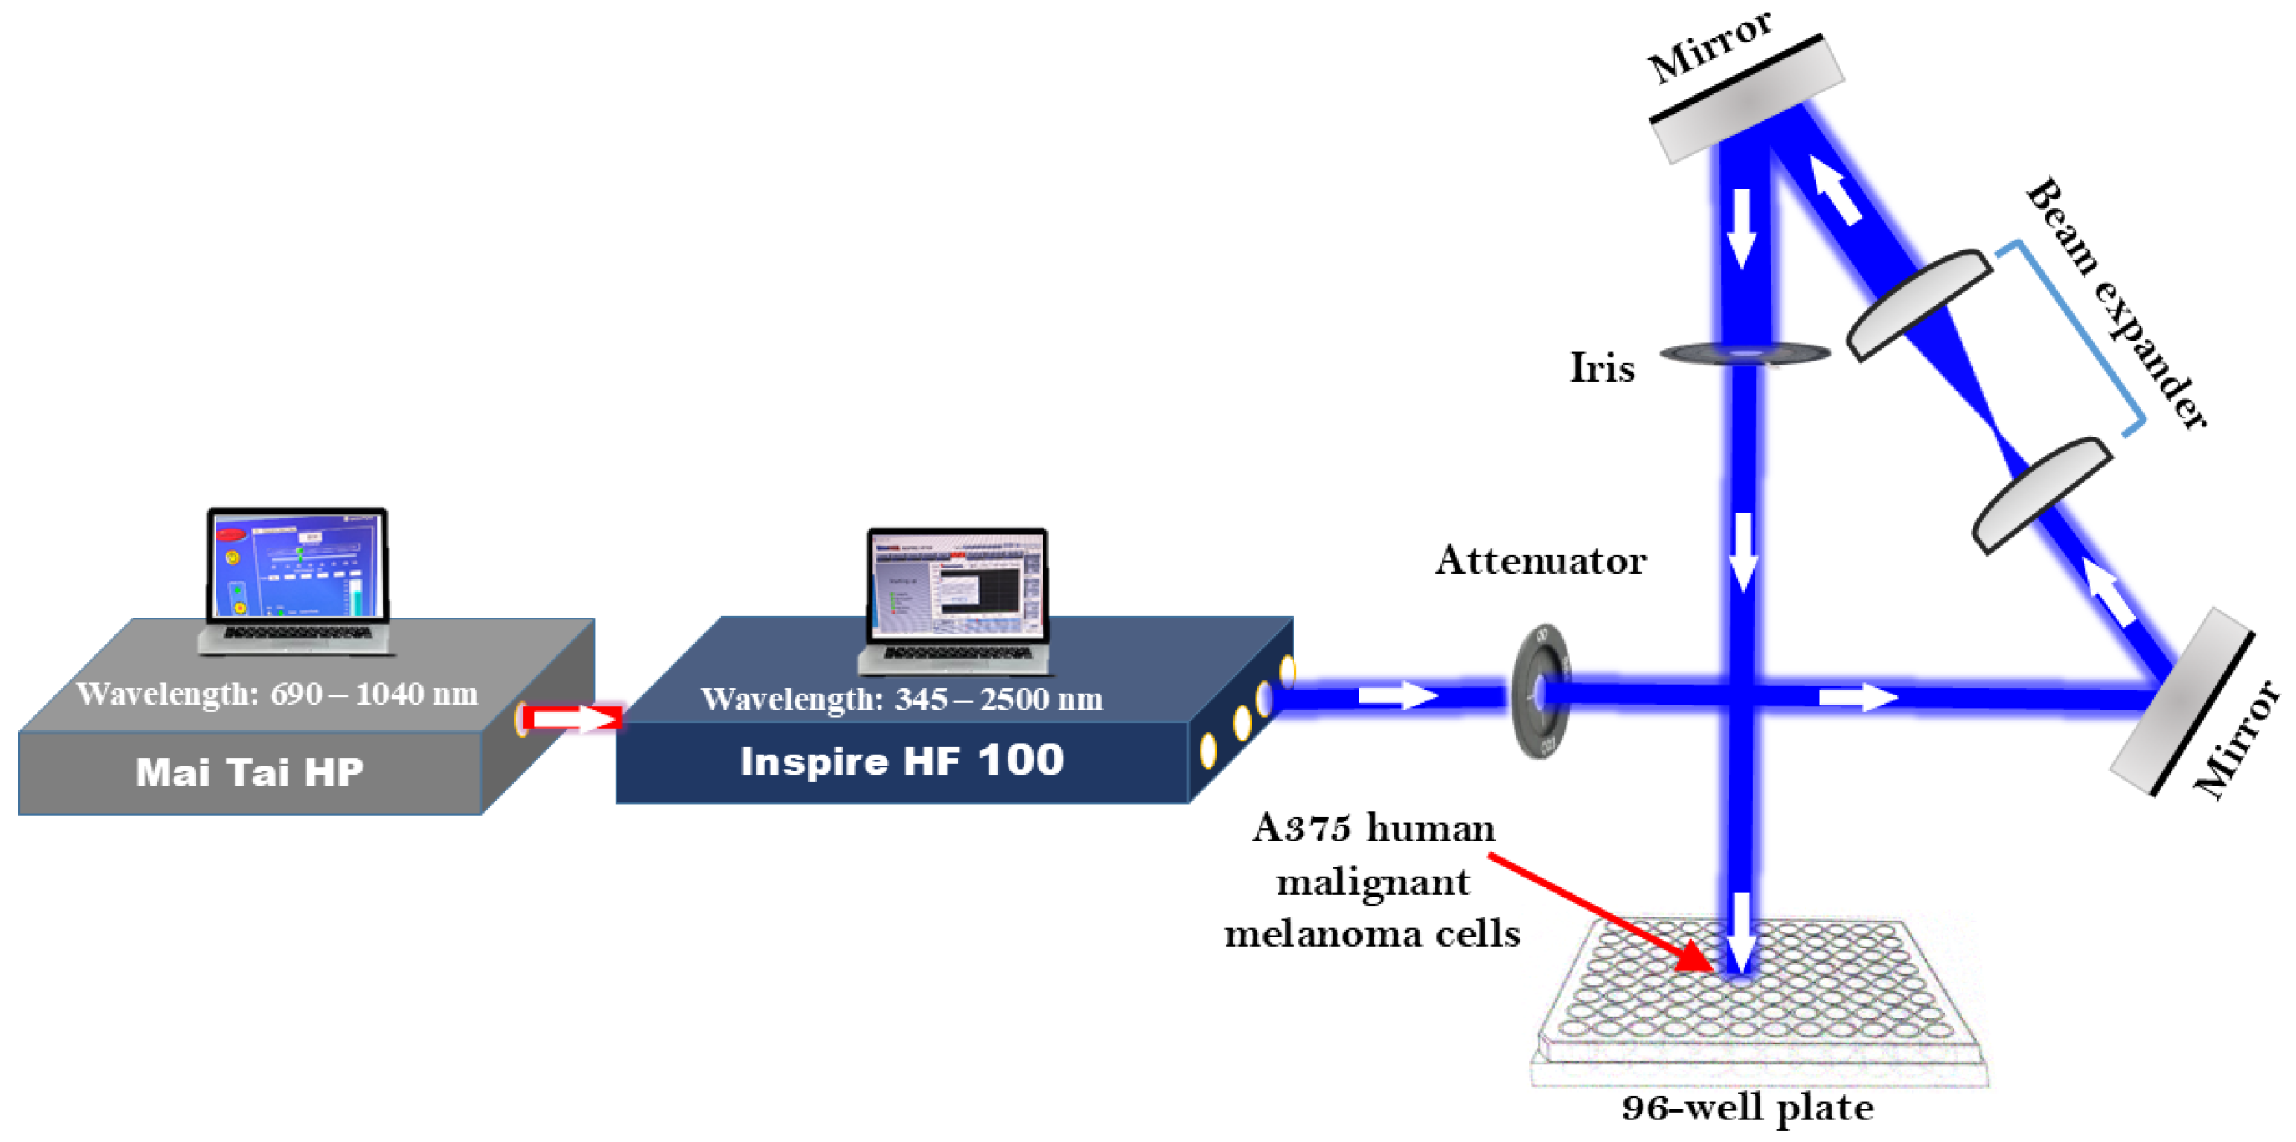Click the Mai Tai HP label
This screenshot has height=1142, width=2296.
coord(249,771)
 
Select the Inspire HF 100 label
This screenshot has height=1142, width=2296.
coord(902,760)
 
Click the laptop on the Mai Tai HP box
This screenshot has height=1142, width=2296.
coord(297,579)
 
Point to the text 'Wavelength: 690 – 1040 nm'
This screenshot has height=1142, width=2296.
coord(277,693)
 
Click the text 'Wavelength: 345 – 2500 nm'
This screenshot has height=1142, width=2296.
coord(902,699)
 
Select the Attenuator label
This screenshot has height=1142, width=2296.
coord(1539,560)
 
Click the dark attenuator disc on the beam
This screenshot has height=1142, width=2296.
coord(1540,691)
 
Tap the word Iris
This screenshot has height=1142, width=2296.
coord(1601,367)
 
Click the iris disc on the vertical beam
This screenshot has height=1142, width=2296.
coord(1745,355)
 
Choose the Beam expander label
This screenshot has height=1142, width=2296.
coord(2117,303)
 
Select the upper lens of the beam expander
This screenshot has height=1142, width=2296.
coord(1918,304)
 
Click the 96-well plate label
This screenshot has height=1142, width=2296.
coord(1746,1107)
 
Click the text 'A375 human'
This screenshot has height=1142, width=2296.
coord(1373,827)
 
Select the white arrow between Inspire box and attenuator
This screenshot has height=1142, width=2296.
coord(1397,694)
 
